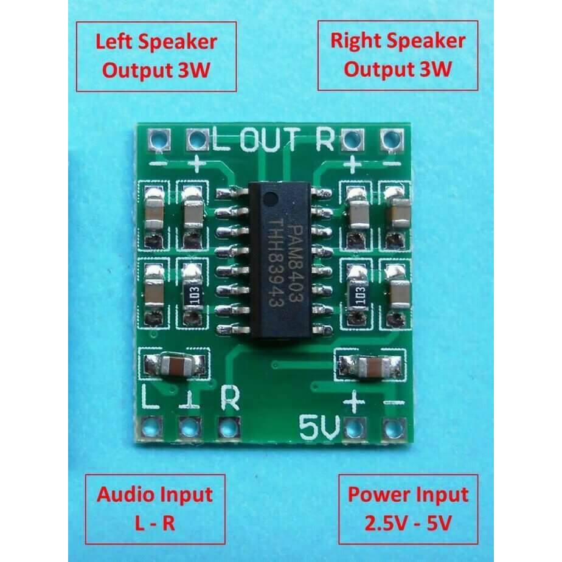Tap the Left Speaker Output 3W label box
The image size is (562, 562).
[x=156, y=57]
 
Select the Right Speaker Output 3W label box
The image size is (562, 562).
[x=398, y=55]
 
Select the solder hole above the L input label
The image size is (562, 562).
[x=150, y=428]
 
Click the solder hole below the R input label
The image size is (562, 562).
[x=227, y=428]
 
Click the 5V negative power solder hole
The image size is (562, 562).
[x=391, y=429]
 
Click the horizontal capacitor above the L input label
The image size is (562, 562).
[x=175, y=366]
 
